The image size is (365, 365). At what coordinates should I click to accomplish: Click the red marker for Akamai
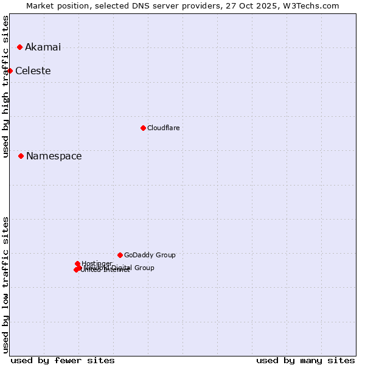20,47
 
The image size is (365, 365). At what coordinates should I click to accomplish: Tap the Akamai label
43,47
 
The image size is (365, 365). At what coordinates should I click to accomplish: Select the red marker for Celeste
10,71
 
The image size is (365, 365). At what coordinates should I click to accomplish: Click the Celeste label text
33,71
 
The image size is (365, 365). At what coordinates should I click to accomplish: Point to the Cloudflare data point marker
143,128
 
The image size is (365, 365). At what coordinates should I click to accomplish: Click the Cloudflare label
163,128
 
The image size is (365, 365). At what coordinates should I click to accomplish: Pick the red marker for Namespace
21,156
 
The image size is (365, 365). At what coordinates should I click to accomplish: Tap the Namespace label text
54,156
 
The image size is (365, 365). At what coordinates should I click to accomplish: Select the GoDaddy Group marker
120,255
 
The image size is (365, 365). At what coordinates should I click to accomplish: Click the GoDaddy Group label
150,255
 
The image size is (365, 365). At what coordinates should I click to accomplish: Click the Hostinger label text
97,263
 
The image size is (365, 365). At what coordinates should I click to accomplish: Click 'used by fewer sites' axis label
63,360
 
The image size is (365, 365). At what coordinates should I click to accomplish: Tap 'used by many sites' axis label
305,360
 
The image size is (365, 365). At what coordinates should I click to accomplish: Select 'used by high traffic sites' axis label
5,86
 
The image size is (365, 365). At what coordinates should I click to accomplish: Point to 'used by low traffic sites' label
5,285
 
